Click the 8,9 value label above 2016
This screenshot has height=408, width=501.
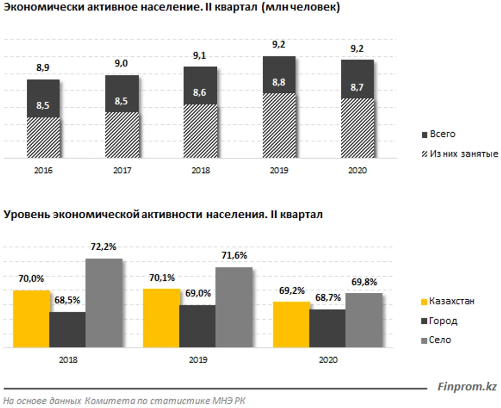43,68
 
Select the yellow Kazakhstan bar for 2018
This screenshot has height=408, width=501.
31,319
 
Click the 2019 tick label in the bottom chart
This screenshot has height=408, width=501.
197,361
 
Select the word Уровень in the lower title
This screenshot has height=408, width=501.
26,215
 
